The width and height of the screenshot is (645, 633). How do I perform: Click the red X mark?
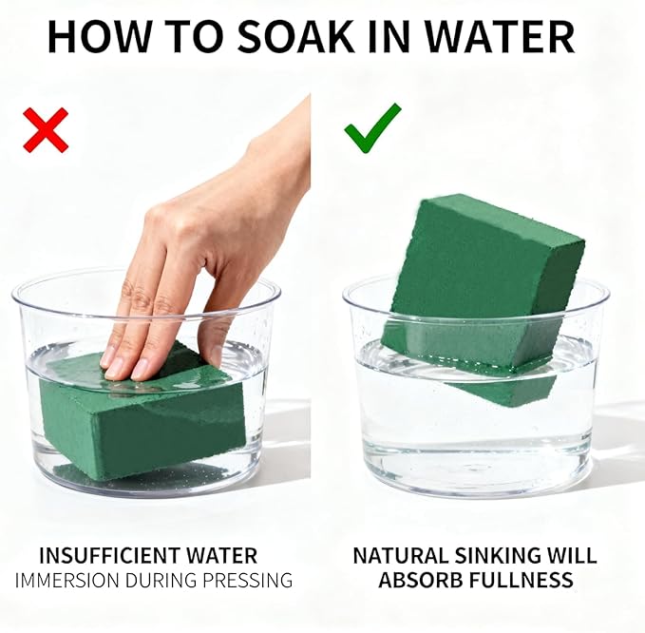coord(46,130)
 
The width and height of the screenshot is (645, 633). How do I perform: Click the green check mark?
coord(372,128)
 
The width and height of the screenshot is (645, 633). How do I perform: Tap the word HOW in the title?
coord(96,37)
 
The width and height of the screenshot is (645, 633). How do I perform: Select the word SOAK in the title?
coord(295,37)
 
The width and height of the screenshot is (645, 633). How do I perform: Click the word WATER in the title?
coord(500,37)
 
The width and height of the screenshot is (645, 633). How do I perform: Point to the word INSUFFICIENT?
coord(110,556)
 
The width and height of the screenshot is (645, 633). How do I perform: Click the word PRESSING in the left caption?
coord(248,581)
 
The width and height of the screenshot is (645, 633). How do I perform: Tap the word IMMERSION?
coord(67,581)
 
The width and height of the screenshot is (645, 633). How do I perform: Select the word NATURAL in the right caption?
coord(401,555)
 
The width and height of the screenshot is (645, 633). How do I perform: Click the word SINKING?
coord(500,555)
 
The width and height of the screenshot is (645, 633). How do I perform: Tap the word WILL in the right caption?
coord(574,555)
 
